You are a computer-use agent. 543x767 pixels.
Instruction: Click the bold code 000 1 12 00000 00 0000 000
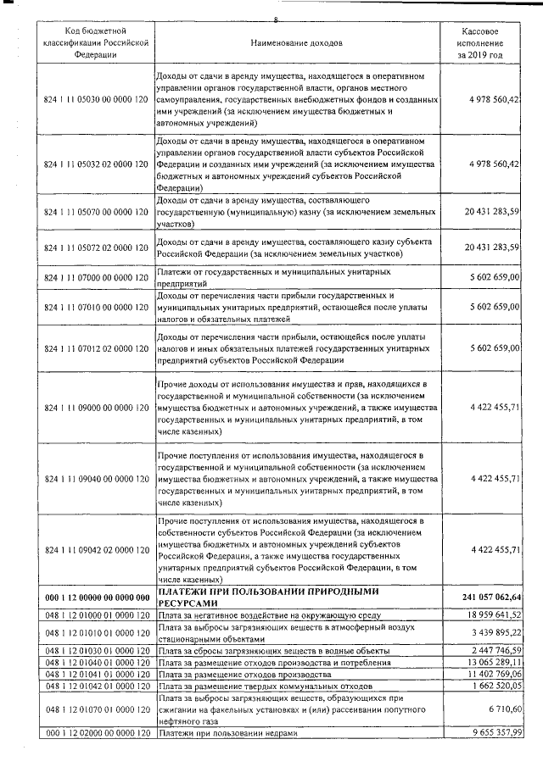[96, 597]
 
